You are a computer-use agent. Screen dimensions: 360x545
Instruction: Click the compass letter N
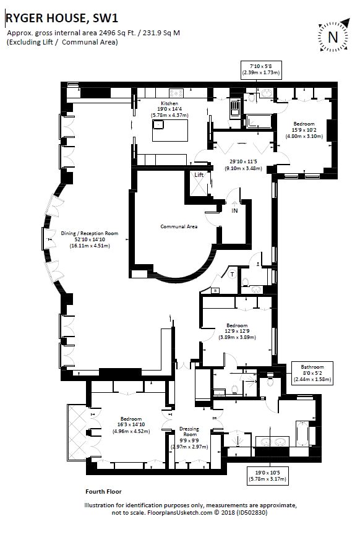(333, 37)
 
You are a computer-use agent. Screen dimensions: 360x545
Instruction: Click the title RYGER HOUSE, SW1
(62, 18)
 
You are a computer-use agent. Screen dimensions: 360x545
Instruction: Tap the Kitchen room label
(169, 103)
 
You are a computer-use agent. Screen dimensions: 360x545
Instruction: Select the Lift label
(199, 175)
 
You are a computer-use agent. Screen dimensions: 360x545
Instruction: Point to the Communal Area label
(179, 226)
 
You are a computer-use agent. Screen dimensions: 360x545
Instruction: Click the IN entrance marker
(234, 210)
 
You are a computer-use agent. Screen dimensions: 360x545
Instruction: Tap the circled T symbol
(232, 274)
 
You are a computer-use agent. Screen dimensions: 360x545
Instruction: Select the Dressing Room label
(189, 431)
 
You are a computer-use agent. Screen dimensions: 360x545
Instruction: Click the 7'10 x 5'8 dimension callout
(261, 70)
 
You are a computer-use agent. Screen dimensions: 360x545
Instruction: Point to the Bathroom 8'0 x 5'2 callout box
(312, 373)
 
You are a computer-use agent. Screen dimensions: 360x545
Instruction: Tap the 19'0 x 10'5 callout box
(268, 476)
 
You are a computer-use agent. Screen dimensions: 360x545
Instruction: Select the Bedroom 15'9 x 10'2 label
(304, 130)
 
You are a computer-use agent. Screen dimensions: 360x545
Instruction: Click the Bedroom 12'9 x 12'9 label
(238, 332)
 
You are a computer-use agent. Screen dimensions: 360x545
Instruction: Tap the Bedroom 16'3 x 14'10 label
(131, 425)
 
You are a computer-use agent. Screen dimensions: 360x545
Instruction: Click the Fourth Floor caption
(103, 491)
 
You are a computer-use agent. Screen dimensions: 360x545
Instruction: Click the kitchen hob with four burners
(176, 93)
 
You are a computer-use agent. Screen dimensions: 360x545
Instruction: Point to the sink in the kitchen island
(159, 124)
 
